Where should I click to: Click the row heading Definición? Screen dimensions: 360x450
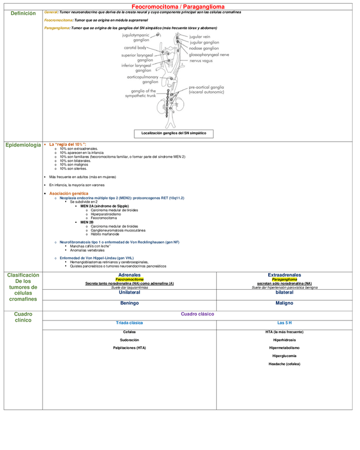23,13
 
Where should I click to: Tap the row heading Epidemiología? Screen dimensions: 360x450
23,145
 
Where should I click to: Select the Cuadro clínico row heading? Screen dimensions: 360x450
23,317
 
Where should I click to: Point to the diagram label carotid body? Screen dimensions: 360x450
135,48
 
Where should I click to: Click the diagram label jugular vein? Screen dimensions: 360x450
200,37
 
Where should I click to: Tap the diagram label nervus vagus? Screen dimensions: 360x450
201,60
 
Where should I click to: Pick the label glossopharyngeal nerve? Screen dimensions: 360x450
209,54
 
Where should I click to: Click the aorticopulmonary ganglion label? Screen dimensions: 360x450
142,79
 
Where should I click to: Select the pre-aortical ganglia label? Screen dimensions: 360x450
206,89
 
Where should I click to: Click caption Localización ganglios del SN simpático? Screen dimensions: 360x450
174,133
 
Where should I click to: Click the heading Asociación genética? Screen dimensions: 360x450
68,194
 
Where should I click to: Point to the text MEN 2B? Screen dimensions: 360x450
87,222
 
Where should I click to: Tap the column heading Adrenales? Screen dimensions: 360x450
129,275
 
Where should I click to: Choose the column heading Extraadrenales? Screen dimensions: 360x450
284,275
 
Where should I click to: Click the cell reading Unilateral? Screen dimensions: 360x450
129,292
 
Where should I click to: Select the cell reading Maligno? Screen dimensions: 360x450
284,303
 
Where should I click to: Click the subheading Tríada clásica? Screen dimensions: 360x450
129,323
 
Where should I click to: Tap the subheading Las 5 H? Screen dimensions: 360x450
284,323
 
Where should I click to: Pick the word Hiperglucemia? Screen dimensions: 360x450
284,356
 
